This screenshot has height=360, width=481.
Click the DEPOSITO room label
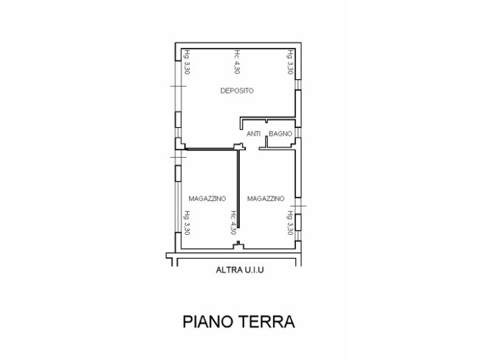[x=237, y=91]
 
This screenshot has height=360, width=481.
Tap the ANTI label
[x=254, y=133]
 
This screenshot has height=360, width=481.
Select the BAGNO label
[x=280, y=133]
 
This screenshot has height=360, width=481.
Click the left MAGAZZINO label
[x=206, y=199]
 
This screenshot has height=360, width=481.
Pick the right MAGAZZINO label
[x=266, y=199]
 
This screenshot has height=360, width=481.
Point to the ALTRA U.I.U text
[x=237, y=273]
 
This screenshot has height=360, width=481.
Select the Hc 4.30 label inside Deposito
[x=237, y=63]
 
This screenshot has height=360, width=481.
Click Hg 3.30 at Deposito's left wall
[x=187, y=63]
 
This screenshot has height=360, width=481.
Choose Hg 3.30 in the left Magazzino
[x=187, y=224]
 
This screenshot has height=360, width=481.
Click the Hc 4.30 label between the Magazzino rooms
[x=232, y=224]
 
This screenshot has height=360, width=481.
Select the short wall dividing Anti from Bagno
[x=266, y=142]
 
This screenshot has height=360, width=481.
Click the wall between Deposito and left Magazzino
[x=209, y=148]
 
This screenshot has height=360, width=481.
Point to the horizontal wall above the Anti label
[x=268, y=117]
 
